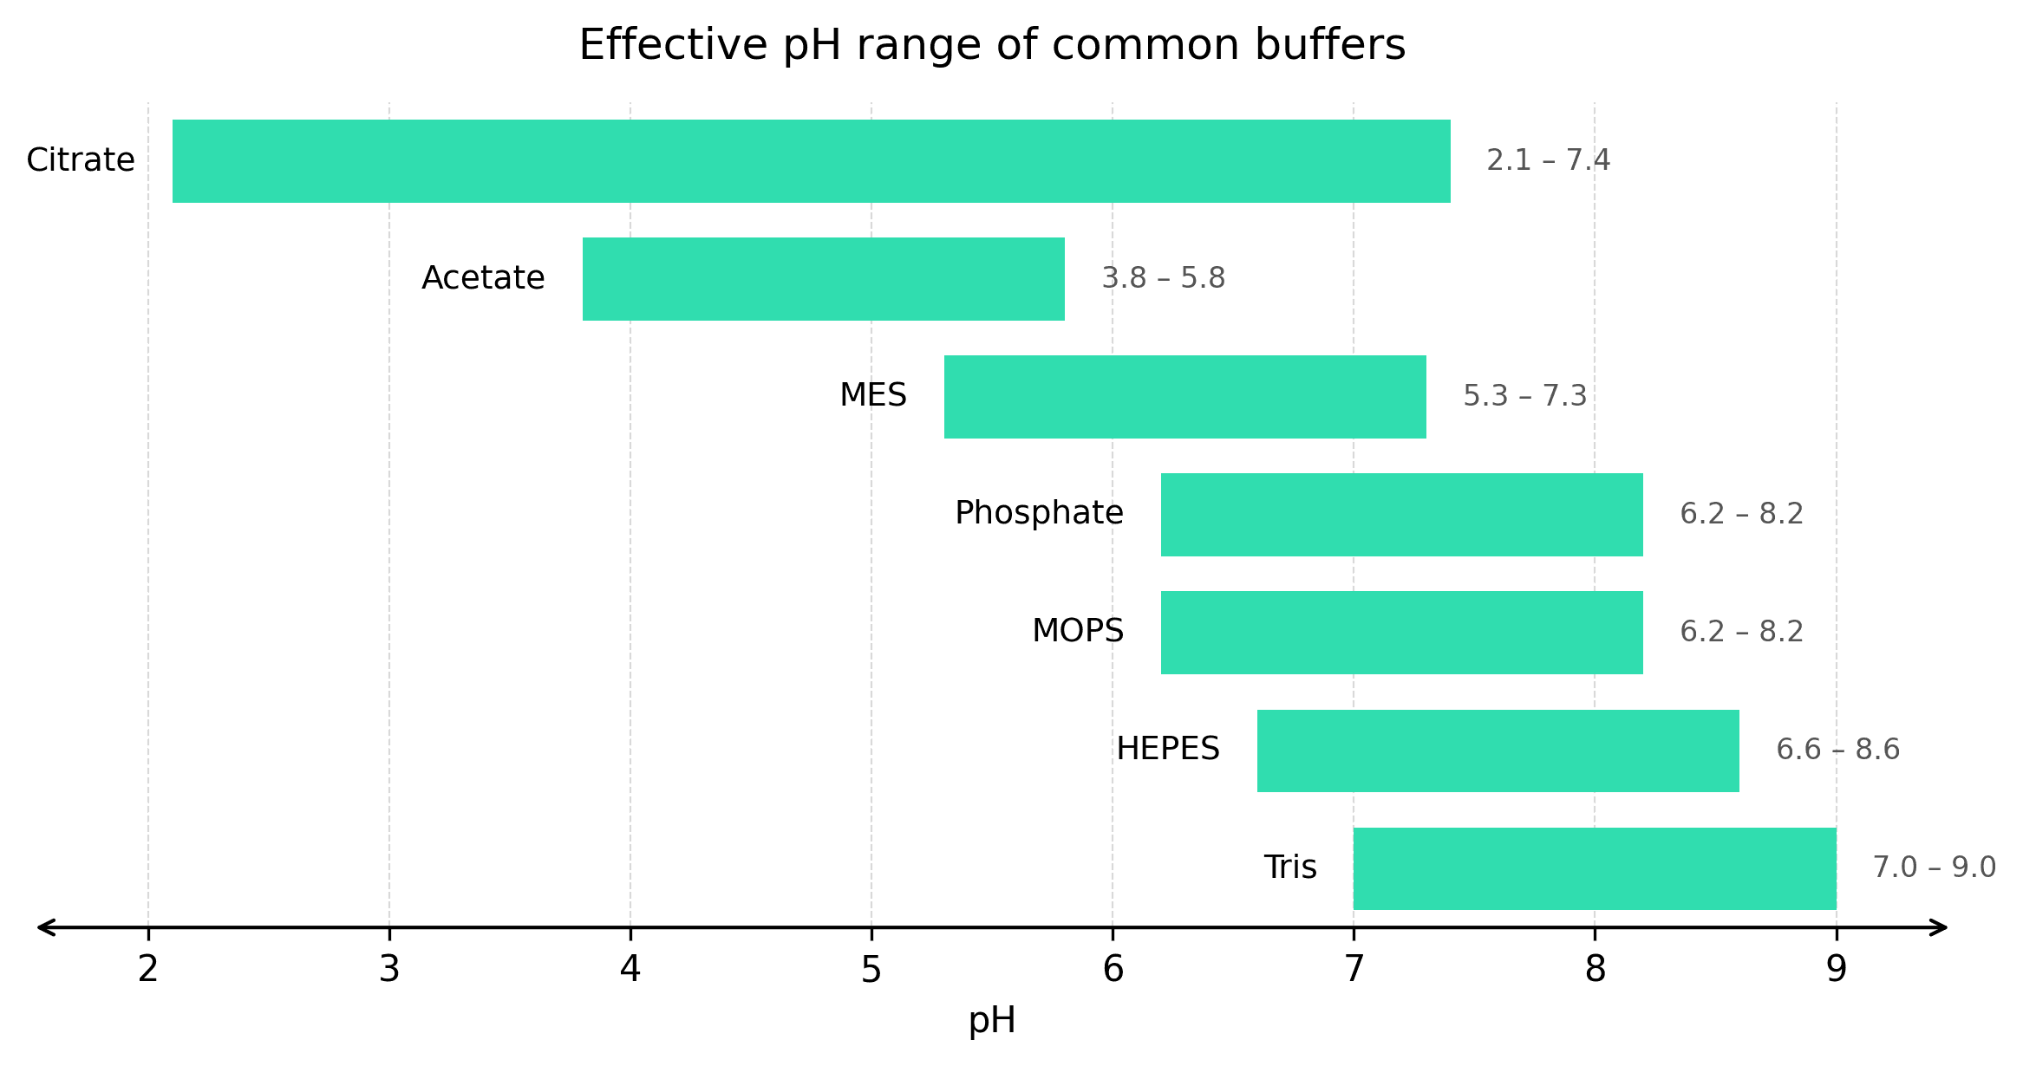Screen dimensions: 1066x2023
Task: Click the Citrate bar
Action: pos(811,161)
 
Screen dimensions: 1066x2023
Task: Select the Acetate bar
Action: pos(823,279)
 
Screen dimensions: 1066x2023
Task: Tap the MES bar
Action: pos(1184,397)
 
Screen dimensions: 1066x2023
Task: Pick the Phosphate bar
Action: pos(1401,515)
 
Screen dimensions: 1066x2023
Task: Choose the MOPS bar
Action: pos(1401,633)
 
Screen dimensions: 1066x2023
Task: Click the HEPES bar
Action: pos(1498,751)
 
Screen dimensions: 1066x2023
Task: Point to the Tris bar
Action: pos(1594,868)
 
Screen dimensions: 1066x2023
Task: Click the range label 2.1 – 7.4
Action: pos(1548,161)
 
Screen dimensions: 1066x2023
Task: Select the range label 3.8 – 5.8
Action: pos(1163,279)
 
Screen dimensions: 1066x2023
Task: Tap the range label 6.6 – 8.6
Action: pos(1837,750)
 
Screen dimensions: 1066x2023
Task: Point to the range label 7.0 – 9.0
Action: pos(1934,868)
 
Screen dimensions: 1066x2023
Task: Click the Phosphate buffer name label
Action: pos(1039,513)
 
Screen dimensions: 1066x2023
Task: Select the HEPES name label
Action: pos(1167,749)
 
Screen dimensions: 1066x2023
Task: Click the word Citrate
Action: pos(81,160)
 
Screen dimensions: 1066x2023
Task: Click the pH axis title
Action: pos(991,1021)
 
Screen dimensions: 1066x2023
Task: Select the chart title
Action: pos(991,45)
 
